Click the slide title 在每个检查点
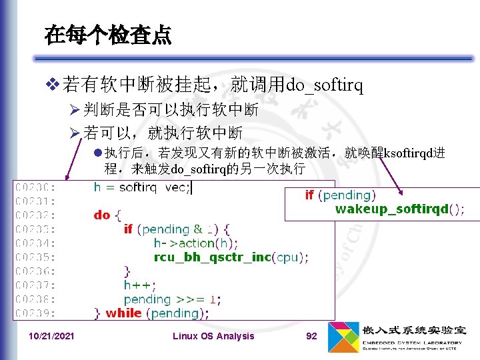point(107,35)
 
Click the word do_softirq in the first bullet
point(324,85)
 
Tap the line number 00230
point(37,187)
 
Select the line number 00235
point(37,257)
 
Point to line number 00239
point(37,313)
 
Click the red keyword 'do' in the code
point(102,215)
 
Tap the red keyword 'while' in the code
point(123,313)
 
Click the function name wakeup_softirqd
point(392,209)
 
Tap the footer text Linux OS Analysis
point(213,336)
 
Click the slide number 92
point(311,336)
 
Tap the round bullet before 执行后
point(98,153)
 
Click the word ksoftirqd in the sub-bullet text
point(409,153)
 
